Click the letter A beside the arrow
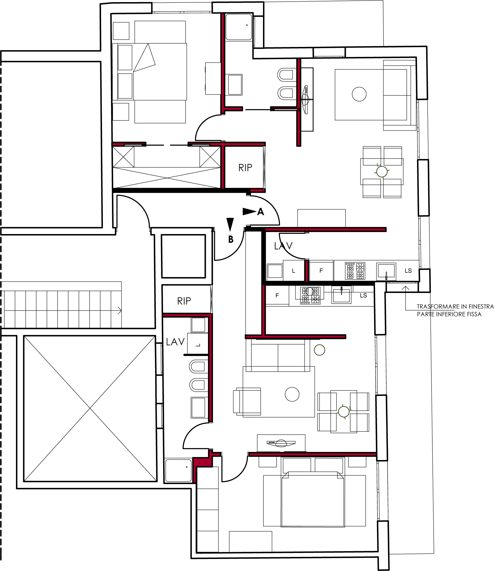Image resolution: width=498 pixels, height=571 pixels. tap(261, 212)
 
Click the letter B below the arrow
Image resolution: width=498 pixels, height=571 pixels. tap(231, 239)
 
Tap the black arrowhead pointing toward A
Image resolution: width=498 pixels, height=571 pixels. tap(249, 211)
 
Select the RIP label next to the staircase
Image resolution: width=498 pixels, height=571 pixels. tap(184, 301)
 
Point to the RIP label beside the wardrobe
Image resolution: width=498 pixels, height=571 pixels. tap(245, 168)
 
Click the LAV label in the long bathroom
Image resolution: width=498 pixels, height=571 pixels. tap(175, 342)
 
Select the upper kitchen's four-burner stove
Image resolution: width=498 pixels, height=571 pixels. tap(355, 271)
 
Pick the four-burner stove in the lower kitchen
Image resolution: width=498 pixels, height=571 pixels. tap(310, 295)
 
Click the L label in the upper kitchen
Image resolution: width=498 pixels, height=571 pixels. tap(294, 271)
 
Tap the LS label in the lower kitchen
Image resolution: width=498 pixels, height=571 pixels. tap(363, 295)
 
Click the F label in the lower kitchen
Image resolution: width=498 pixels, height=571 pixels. tap(277, 295)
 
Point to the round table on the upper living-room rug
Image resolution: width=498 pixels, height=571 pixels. tap(359, 94)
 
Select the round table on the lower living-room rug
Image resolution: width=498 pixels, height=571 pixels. tap(292, 394)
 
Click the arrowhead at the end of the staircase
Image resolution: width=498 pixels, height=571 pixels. tap(120, 310)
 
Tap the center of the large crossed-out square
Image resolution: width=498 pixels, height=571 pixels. tap(90, 408)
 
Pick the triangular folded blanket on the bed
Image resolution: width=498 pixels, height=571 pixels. tap(144, 58)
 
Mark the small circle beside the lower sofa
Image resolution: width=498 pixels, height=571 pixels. tap(320, 350)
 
